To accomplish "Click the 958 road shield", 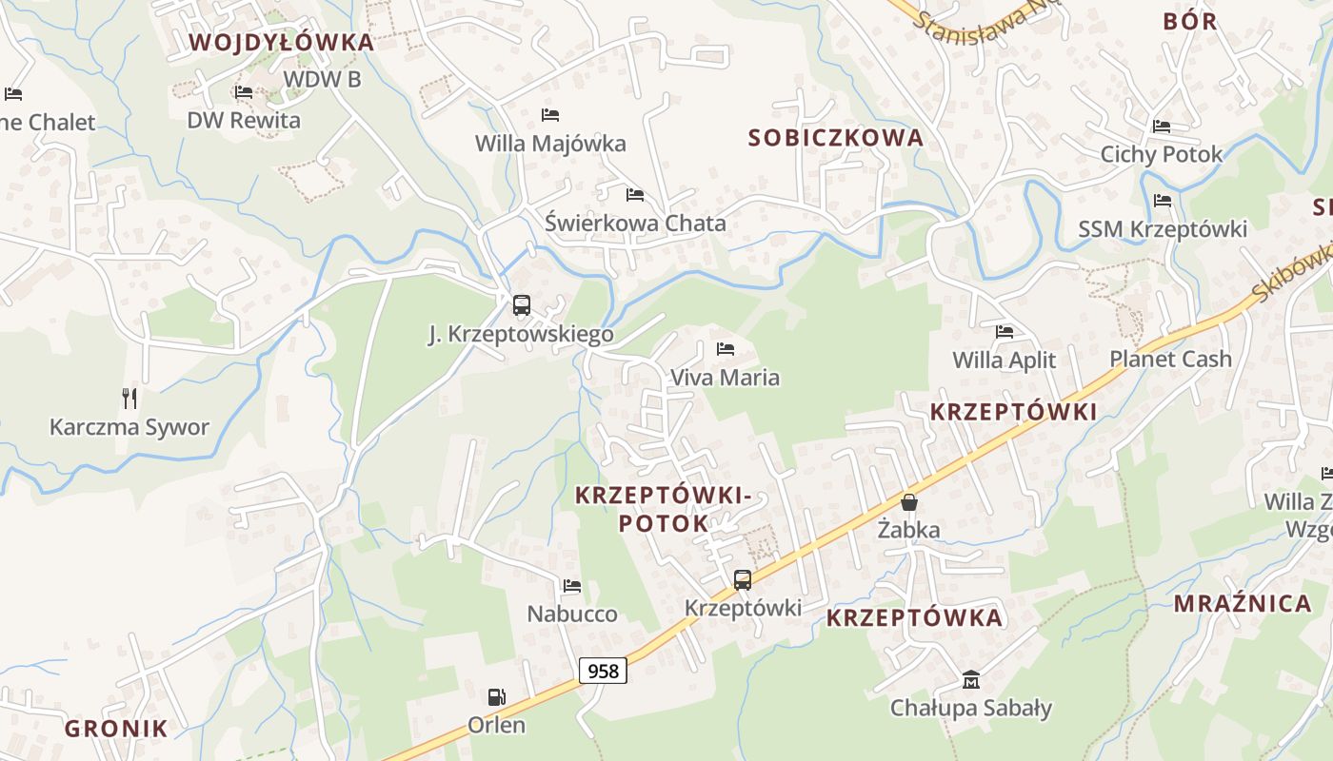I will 603,671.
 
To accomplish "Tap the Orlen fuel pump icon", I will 496,697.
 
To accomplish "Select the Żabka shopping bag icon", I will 909,501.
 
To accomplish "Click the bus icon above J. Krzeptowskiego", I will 521,305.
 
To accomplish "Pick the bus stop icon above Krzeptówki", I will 742,579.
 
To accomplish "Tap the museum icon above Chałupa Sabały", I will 971,680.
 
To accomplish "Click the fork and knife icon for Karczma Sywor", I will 129,398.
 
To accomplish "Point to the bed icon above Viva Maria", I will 726,349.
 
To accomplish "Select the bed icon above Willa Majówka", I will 550,115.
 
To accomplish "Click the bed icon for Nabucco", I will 571,586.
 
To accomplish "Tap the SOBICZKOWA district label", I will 836,137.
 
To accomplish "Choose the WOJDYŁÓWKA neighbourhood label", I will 281,43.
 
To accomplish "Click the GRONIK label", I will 116,729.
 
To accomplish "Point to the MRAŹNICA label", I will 1243,603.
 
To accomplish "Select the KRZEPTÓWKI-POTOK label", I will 664,509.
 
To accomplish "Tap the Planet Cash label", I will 1170,359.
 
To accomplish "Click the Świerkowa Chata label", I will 635,224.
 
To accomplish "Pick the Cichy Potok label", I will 1162,154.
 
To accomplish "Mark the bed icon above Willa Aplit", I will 1005,332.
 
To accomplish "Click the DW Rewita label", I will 244,120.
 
